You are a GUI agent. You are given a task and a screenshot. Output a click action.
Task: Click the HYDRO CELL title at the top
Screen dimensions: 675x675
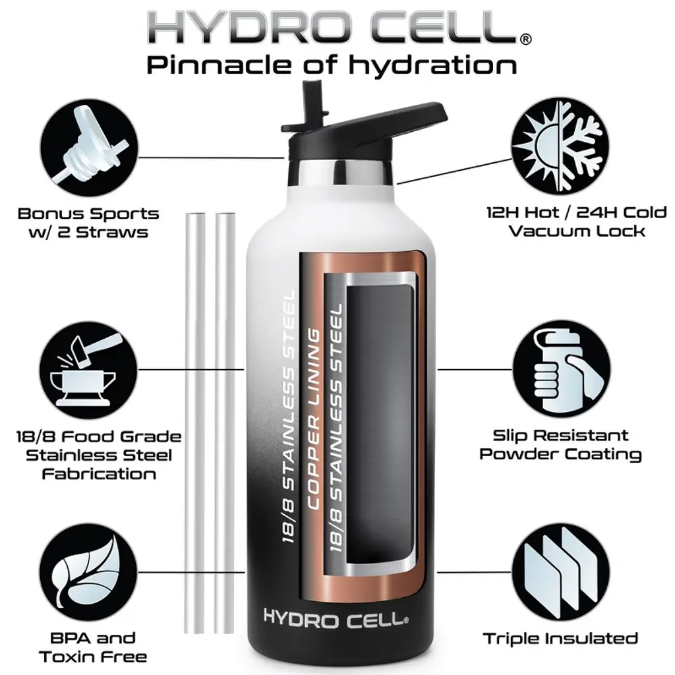[334, 27]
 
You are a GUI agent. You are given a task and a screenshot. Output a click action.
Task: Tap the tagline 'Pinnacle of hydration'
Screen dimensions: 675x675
[332, 65]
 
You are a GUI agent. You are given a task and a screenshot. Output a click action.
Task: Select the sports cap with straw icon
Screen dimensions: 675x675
[89, 148]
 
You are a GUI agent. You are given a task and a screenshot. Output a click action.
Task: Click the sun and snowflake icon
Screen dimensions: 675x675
[560, 146]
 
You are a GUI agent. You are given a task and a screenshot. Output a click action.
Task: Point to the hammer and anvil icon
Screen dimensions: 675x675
[89, 370]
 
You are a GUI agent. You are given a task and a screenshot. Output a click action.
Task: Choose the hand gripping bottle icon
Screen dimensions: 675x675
[562, 369]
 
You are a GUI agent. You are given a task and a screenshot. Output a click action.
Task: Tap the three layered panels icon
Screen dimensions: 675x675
[560, 572]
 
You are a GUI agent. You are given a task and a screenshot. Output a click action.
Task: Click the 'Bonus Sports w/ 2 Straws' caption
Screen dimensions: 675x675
[89, 223]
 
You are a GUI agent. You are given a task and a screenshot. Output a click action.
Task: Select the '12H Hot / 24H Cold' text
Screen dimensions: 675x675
[577, 213]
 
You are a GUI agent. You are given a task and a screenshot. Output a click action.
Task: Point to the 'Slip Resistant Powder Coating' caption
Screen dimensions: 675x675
[560, 445]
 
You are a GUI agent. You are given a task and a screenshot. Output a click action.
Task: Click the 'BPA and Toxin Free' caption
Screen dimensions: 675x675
[92, 647]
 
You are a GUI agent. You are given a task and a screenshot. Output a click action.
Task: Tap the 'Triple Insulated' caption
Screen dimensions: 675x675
[560, 638]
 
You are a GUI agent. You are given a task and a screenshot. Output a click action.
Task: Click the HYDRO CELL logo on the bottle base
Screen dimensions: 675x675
[336, 618]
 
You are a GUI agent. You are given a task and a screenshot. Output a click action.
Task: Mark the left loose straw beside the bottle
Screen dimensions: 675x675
[195, 423]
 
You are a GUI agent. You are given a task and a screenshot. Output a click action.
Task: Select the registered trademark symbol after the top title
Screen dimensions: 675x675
[525, 39]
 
